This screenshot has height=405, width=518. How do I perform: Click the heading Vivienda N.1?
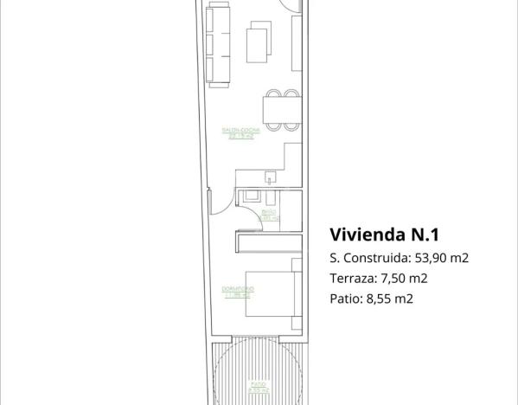pyautogui.click(x=386, y=234)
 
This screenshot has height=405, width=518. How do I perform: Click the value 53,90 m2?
pyautogui.click(x=440, y=258)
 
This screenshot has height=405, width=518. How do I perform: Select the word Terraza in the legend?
pyautogui.click(x=353, y=279)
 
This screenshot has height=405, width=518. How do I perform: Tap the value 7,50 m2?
pyautogui.click(x=404, y=279)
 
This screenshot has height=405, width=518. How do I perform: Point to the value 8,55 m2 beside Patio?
pyautogui.click(x=389, y=299)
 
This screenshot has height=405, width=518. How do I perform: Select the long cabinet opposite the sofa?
pyautogui.click(x=297, y=43)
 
